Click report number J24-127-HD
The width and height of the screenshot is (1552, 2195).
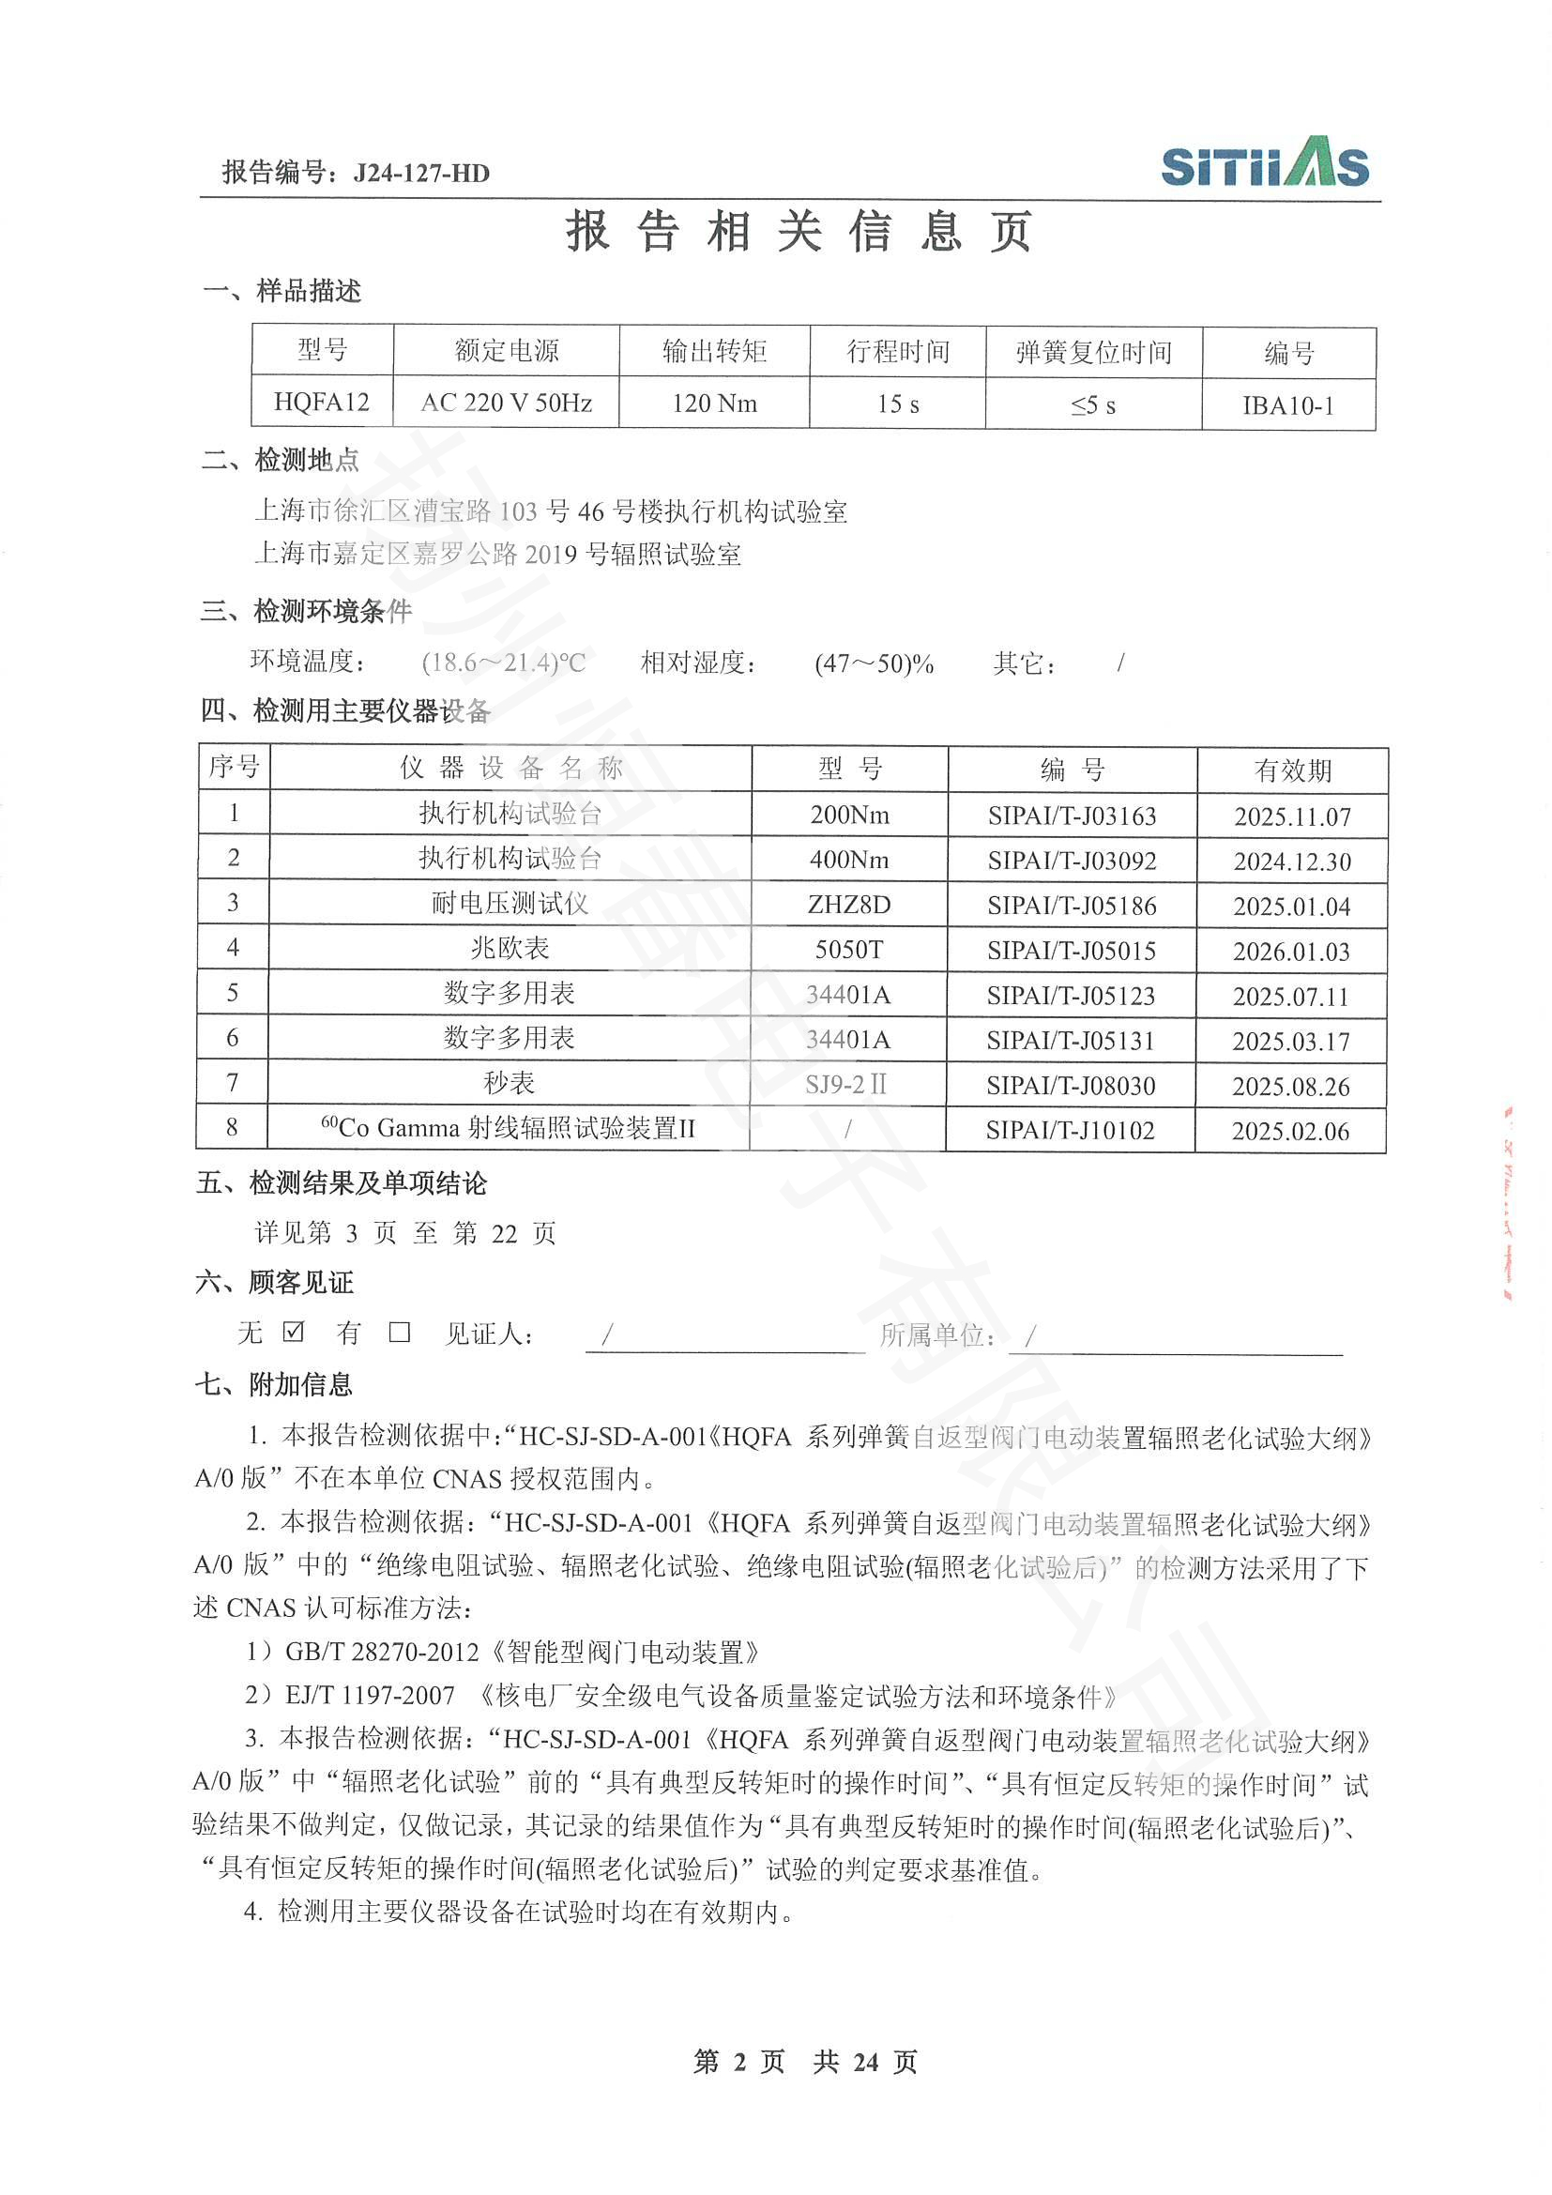pos(420,173)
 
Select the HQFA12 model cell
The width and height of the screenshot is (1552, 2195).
pos(322,403)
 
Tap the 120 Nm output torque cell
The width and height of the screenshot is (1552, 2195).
pos(714,404)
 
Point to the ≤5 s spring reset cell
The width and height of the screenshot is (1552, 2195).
pos(1093,405)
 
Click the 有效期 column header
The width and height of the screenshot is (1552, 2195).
pos(1292,770)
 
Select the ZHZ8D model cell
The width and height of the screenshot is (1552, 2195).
pos(848,905)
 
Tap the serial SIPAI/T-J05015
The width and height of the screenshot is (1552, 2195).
pos(1072,952)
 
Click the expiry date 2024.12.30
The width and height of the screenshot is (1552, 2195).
pos(1292,861)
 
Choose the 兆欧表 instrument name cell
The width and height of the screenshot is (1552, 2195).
pos(510,949)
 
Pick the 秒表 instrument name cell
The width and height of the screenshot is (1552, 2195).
pos(509,1083)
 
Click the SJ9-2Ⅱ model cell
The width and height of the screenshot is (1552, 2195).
pos(846,1084)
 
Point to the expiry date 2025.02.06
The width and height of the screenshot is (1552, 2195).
pos(1290,1132)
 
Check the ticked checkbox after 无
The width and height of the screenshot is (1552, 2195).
pos(295,1331)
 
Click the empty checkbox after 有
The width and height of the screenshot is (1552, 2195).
pos(400,1332)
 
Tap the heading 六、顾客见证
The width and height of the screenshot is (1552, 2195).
pos(274,1282)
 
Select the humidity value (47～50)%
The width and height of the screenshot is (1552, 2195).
pos(874,663)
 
